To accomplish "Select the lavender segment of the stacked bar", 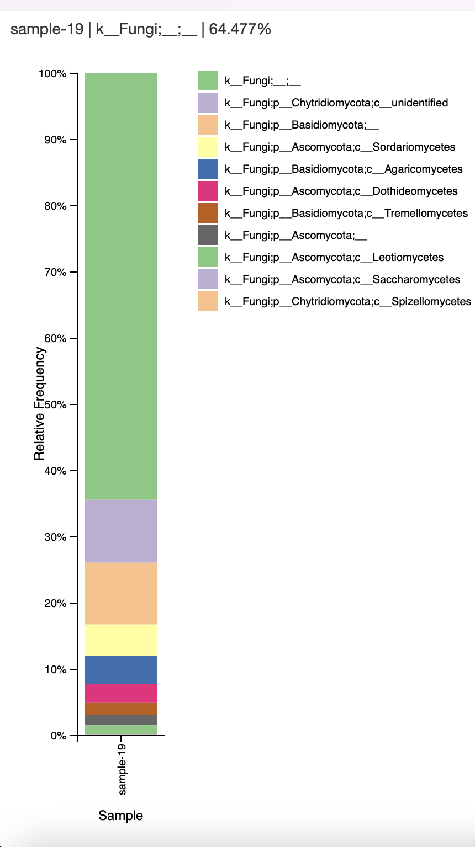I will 121,531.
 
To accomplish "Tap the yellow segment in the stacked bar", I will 121,640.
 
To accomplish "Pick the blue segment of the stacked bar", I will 121,669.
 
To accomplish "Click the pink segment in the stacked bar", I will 121,693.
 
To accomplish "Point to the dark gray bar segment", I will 121,720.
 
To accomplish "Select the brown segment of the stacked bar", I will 121,709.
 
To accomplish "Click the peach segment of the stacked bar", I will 121,593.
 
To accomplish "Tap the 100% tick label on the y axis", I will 52,74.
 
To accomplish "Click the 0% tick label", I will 58,736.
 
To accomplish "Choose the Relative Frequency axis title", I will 39,403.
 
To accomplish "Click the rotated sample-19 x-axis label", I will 122,769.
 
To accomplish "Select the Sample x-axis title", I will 120,816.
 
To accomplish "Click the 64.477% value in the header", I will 240,29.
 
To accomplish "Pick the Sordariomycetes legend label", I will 340,147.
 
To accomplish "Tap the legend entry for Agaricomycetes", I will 344,169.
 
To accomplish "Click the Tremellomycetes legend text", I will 346,213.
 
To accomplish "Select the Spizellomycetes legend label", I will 348,301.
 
